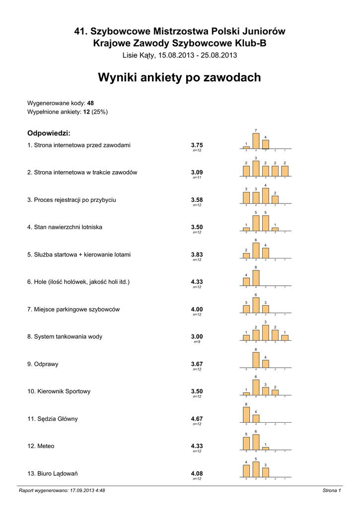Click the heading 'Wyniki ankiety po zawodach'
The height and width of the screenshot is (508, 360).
[179, 77]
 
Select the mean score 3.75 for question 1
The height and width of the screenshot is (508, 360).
[197, 145]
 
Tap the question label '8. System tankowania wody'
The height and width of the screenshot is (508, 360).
[65, 336]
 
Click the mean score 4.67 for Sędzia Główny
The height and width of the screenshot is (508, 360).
[197, 419]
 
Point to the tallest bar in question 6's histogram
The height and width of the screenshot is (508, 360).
[256, 279]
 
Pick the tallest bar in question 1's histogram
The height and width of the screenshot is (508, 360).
[256, 141]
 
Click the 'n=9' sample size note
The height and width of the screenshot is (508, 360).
[197, 342]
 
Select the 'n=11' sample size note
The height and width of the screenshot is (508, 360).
[197, 178]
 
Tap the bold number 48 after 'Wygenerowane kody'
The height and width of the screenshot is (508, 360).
[90, 103]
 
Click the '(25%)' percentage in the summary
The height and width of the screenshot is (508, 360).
[99, 112]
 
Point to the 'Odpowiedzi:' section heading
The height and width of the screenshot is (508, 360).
[48, 133]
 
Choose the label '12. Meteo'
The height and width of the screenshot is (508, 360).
[41, 446]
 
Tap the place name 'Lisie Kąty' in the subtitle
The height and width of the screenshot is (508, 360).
[139, 55]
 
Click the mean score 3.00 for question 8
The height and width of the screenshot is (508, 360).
[197, 336]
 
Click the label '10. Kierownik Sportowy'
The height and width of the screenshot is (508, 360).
[59, 391]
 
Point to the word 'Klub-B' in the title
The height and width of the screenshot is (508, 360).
[250, 43]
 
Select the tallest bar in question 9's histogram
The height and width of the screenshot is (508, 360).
[256, 360]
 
